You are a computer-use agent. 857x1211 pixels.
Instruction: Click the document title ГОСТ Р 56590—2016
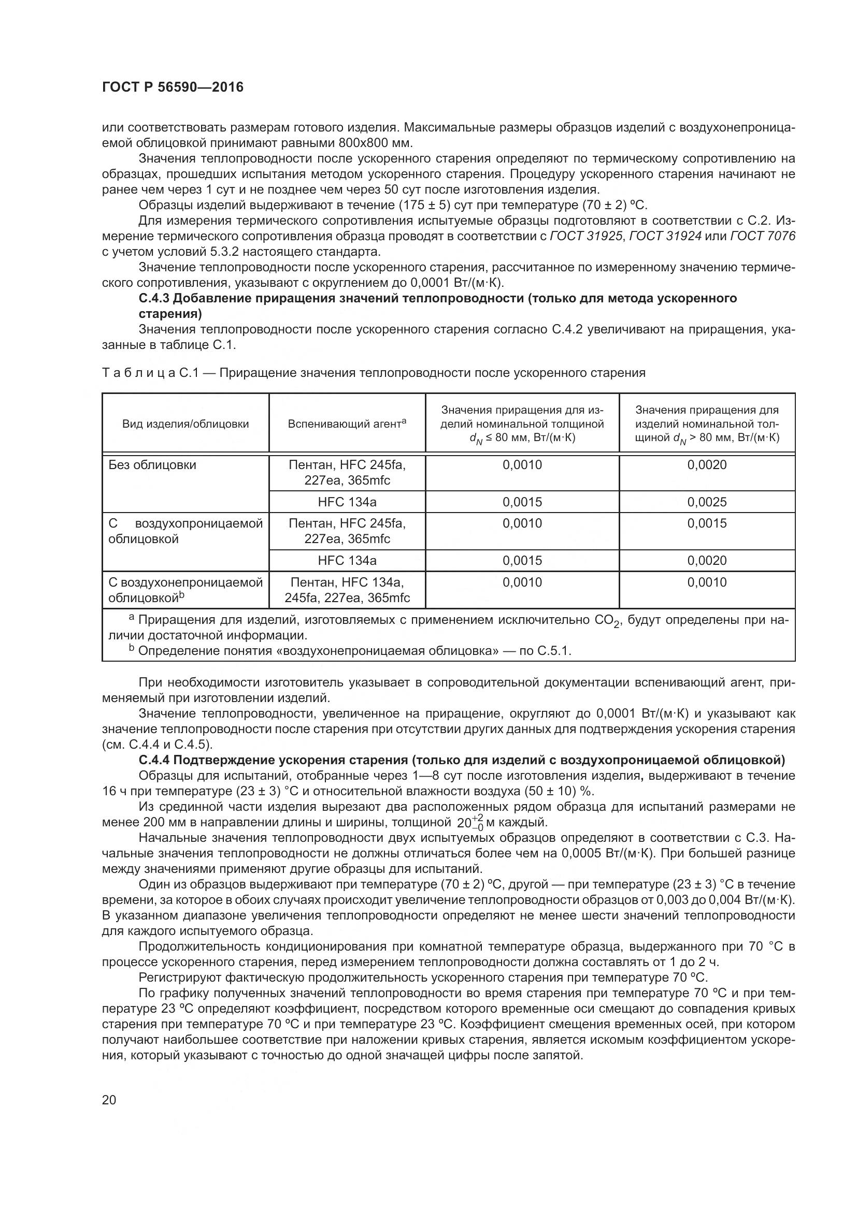click(x=173, y=87)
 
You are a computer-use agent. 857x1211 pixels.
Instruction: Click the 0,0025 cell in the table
click(x=707, y=502)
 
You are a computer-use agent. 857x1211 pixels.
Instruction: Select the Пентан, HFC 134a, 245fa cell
click(x=347, y=590)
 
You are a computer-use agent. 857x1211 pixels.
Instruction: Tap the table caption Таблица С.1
click(x=150, y=373)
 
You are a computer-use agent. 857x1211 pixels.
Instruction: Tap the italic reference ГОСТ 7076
click(x=763, y=236)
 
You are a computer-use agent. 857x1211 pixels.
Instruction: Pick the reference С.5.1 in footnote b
click(x=553, y=651)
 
